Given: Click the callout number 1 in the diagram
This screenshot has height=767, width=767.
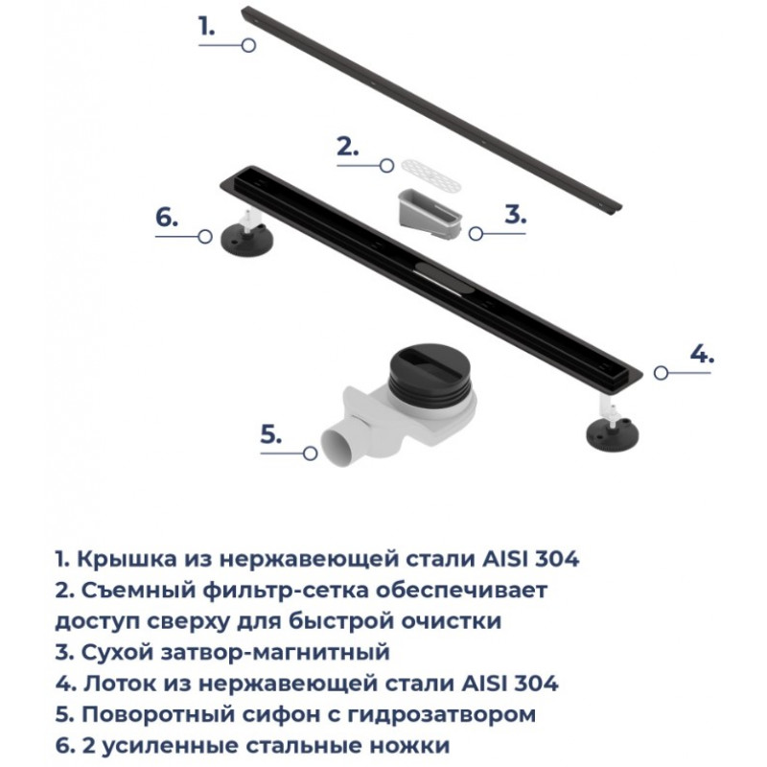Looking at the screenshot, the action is coord(206,26).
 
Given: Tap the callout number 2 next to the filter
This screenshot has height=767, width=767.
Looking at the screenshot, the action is coord(347,147).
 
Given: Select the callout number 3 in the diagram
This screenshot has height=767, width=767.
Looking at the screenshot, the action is coord(515,214).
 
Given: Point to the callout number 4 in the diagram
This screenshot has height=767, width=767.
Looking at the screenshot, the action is coord(702,354).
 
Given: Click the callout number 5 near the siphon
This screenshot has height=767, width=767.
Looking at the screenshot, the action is coord(271,434).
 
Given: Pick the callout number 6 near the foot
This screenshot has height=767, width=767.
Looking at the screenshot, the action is coord(167,218).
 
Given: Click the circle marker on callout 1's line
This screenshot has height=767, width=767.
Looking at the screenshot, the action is coord(248,45).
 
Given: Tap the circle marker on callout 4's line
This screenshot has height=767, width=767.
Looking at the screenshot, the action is coord(661,373).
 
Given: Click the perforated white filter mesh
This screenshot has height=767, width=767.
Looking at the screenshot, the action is coord(430,174).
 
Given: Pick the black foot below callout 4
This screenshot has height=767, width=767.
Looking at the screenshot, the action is coord(613,430).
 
